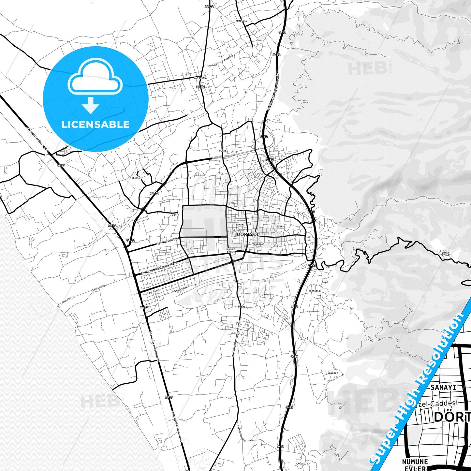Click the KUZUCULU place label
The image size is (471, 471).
pos(242,21)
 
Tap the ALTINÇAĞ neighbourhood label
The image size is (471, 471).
pos(200,78)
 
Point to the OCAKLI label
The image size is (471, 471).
pos(223,151)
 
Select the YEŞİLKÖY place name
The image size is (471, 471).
pos(136,178)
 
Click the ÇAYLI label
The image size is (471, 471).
pos(176,215)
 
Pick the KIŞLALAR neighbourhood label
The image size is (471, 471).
pos(258,244)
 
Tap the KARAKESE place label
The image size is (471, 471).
pos(314,291)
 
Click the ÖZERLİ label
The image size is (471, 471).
pos(243,307)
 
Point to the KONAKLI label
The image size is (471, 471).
pos(332,373)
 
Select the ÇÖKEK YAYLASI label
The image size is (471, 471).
pos(445,254)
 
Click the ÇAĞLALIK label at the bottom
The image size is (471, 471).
pos(302,463)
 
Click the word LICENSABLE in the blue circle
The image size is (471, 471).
pos(96,125)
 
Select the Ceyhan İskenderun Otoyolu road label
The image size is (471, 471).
pos(273,91)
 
